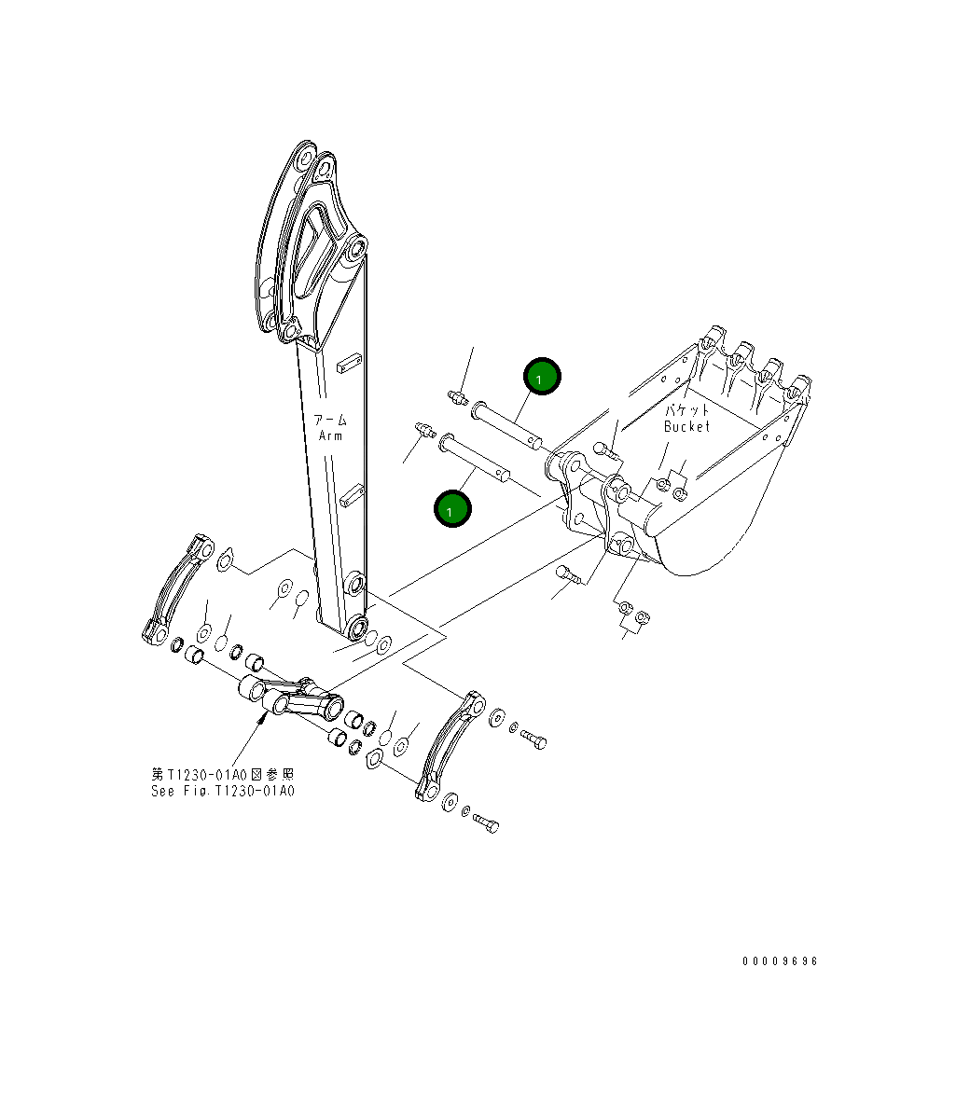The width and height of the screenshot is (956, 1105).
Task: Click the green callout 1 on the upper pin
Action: (541, 377)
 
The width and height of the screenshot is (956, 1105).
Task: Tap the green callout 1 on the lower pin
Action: (452, 509)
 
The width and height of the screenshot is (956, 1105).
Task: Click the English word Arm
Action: (330, 435)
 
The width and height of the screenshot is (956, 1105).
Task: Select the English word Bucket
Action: (686, 426)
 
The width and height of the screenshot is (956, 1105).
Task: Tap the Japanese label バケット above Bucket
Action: (687, 409)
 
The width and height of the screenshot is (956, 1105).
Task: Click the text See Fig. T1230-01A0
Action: (222, 791)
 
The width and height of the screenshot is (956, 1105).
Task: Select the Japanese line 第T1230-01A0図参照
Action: (222, 774)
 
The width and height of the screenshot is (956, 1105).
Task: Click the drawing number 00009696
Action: (780, 961)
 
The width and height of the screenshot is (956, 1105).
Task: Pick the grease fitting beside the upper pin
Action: (456, 398)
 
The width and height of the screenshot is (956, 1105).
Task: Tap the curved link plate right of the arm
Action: (450, 746)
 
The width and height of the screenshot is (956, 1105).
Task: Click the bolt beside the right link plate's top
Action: (533, 739)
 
